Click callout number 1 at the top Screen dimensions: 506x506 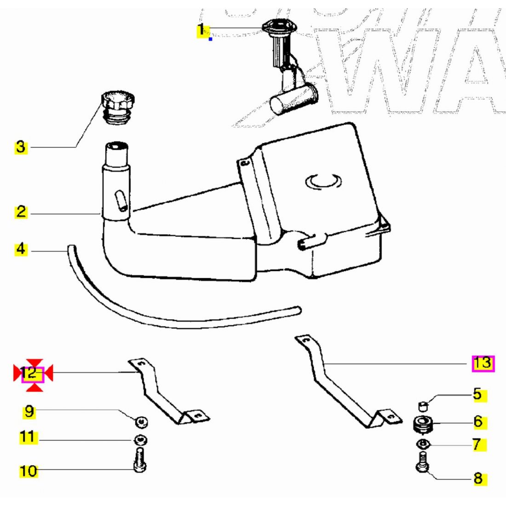(201, 30)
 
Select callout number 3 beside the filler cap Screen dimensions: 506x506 (21, 147)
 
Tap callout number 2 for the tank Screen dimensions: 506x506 (21, 212)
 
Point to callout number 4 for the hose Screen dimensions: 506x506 (21, 249)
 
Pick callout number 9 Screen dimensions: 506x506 (29, 411)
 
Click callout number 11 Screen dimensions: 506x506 (28, 436)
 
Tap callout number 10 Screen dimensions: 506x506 (29, 471)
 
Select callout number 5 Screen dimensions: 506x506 (477, 394)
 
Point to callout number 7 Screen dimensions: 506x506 (477, 444)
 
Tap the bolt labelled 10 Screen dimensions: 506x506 (140, 461)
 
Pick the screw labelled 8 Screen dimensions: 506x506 (423, 462)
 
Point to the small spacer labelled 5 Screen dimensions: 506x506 (423, 406)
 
